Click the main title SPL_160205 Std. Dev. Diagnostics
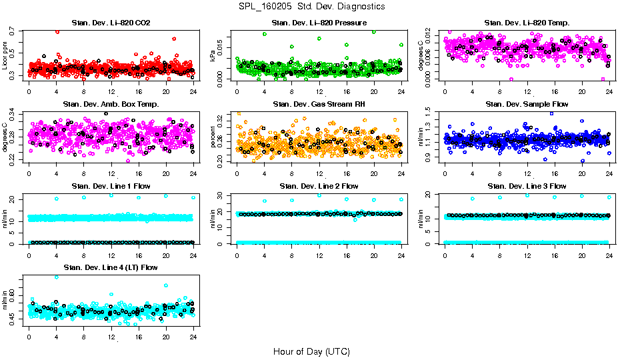(311, 7)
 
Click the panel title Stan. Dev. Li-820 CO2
(111, 23)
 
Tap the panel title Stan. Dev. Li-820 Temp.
(527, 23)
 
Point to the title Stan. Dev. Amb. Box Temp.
(111, 104)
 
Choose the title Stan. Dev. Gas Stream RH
(319, 104)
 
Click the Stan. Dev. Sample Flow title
(527, 104)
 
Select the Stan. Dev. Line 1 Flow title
(111, 185)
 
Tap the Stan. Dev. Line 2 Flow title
(319, 185)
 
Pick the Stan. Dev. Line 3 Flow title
(527, 185)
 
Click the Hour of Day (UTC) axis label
(311, 351)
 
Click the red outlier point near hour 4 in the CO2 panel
(57, 31)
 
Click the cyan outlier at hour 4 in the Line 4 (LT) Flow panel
(56, 277)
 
